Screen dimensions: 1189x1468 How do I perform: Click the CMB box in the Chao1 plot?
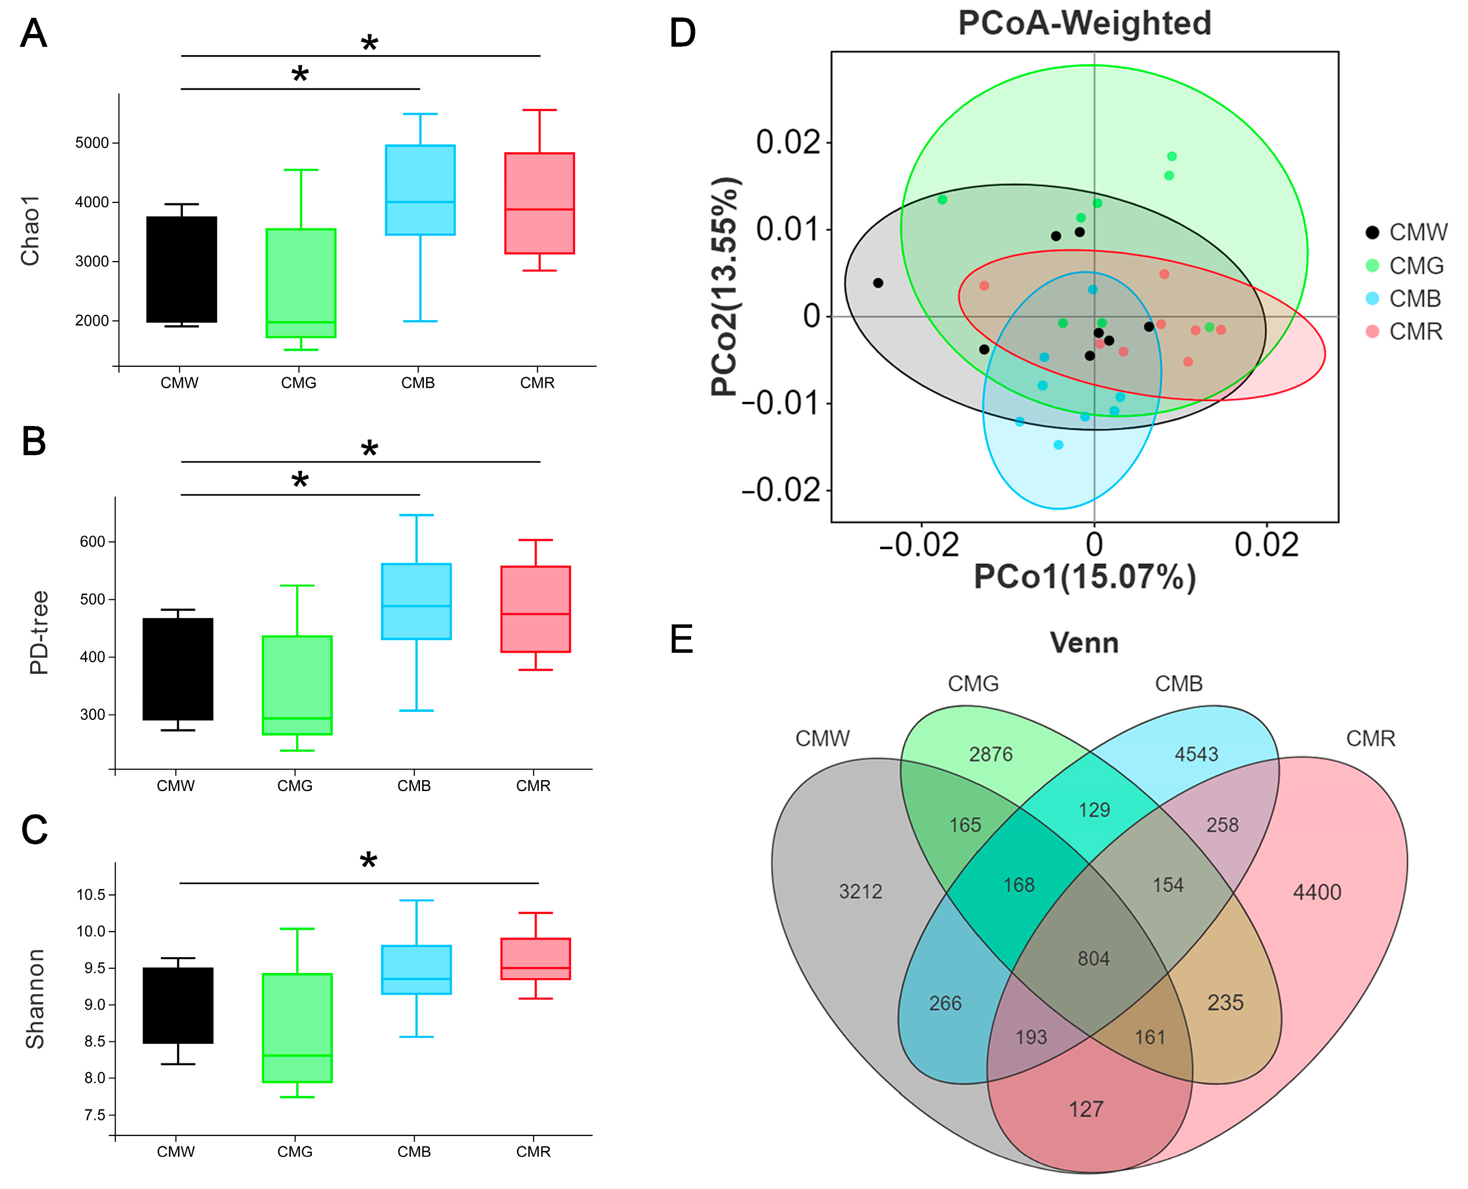[x=420, y=190]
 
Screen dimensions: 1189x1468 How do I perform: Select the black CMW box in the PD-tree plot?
[x=178, y=669]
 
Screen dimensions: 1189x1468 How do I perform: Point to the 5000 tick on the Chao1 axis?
[x=92, y=143]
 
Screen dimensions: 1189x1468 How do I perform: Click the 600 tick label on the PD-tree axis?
[x=92, y=542]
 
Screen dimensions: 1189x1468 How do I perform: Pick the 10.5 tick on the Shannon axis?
[x=91, y=895]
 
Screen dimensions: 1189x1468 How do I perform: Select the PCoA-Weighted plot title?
[x=1084, y=23]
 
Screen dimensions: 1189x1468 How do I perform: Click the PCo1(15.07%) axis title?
[x=1084, y=577]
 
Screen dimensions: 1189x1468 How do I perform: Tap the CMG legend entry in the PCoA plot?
[x=1415, y=266]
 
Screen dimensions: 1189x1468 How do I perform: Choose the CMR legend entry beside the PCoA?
[x=1415, y=331]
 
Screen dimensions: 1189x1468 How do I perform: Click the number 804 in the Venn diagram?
[x=1093, y=958]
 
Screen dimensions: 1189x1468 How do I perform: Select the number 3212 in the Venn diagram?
[x=860, y=891]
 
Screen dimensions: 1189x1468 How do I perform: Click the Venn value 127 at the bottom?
[x=1086, y=1109]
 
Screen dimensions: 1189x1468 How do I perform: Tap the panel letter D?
[x=682, y=33]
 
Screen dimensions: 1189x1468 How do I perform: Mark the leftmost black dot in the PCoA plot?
[x=878, y=283]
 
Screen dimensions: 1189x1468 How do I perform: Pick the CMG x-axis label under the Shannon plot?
[x=294, y=1151]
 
